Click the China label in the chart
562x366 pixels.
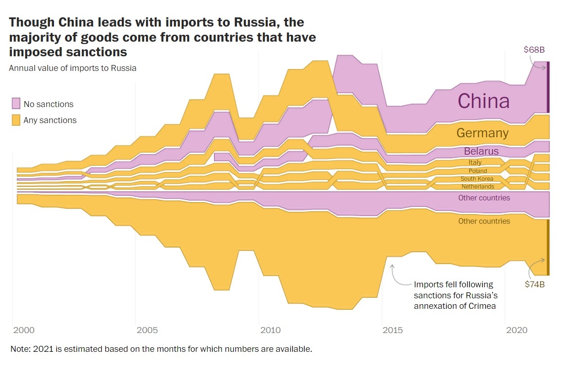coord(483,101)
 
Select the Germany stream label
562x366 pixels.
coord(482,133)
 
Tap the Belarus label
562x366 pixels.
coord(481,151)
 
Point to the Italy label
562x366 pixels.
coord(475,162)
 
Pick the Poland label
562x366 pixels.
coord(477,171)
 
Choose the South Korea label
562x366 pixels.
coord(477,179)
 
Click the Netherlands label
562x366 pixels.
coord(477,187)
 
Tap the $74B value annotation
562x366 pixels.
coord(535,284)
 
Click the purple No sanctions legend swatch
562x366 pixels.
coord(16,103)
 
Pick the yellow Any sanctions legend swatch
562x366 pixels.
coord(16,120)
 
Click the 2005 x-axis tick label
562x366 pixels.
coord(147,330)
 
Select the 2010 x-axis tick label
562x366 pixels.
coord(270,330)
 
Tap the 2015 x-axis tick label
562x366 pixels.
coord(394,330)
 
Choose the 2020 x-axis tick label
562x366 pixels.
coord(517,330)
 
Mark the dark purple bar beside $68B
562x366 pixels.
coord(548,87)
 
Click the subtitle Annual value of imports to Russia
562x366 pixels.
coord(72,69)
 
